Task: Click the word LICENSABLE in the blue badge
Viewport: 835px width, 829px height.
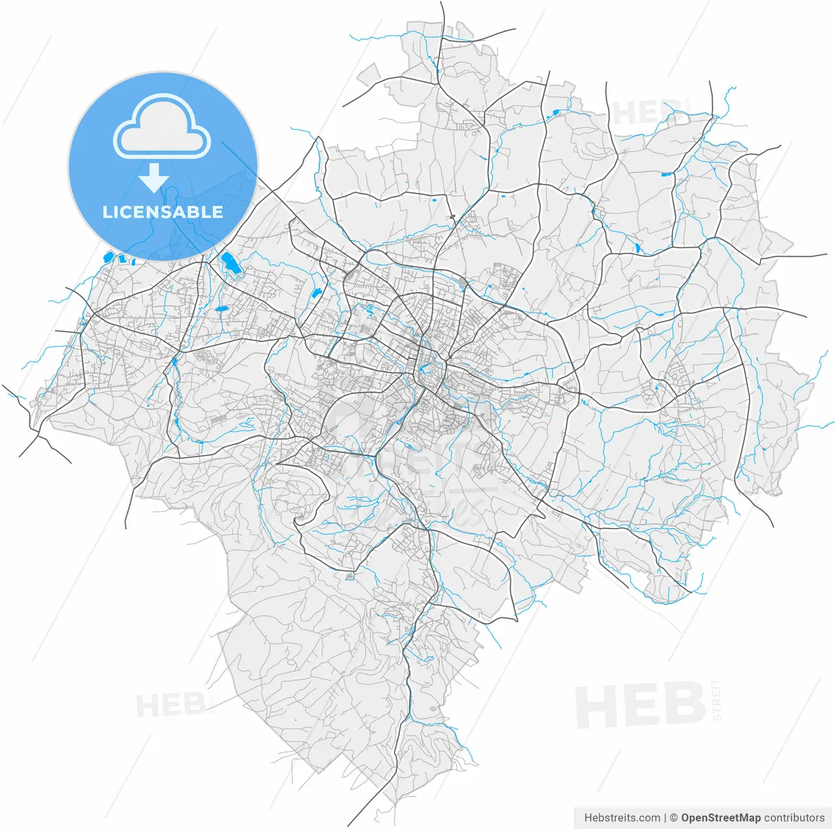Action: (x=162, y=212)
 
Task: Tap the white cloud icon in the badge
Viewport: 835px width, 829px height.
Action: (x=162, y=127)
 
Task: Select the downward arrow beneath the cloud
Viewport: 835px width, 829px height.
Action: (x=154, y=177)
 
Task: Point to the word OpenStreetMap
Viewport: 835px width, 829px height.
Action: (x=721, y=817)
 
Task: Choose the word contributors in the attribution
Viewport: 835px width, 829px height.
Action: (x=795, y=817)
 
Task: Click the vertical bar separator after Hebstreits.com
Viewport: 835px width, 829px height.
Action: (x=665, y=817)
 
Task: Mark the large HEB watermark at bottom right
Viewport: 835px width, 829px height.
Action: (x=640, y=705)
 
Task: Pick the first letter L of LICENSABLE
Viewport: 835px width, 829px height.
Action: (x=106, y=212)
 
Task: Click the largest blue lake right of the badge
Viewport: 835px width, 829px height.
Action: (x=230, y=263)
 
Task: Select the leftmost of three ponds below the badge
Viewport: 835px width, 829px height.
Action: (x=108, y=257)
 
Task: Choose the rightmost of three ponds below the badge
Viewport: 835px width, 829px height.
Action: (x=132, y=262)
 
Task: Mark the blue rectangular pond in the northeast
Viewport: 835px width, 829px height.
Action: (x=666, y=174)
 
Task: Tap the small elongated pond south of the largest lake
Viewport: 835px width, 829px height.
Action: (x=222, y=308)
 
